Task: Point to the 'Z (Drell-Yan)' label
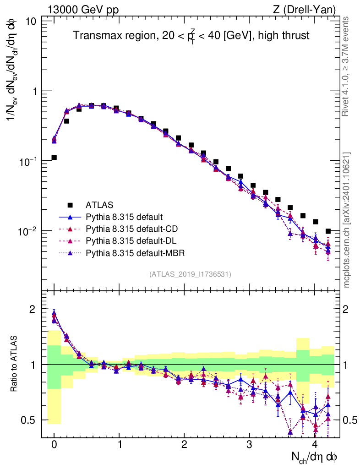pyautogui.click(x=308, y=10)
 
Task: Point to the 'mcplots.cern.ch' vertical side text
pyautogui.click(x=348, y=220)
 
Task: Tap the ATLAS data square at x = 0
pyautogui.click(x=54, y=157)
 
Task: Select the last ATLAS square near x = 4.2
pyautogui.click(x=327, y=231)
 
